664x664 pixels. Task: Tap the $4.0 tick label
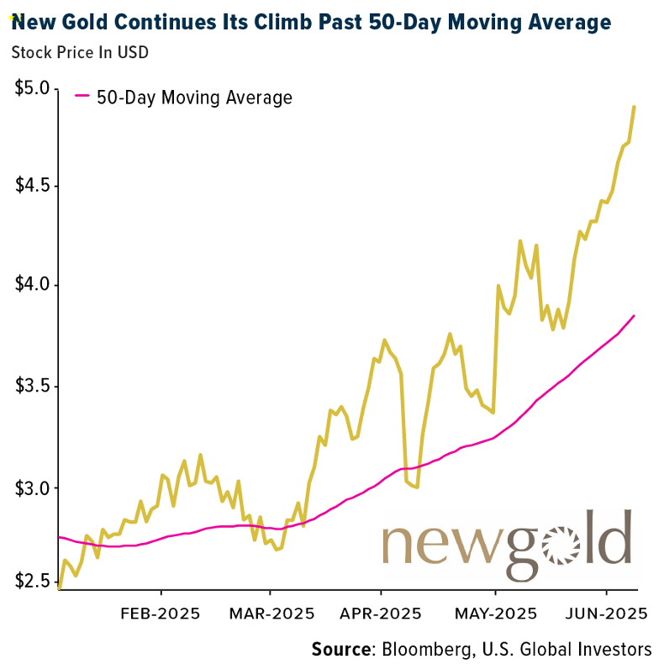click(x=32, y=286)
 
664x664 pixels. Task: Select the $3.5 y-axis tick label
click(x=32, y=387)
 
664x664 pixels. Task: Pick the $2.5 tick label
click(x=32, y=582)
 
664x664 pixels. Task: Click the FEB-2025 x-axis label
click(x=161, y=613)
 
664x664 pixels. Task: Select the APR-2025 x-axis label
click(x=382, y=613)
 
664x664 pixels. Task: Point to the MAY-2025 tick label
click(x=496, y=613)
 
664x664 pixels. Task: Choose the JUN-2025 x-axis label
click(x=606, y=613)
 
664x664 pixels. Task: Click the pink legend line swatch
click(x=82, y=97)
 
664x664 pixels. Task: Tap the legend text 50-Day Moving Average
click(x=194, y=97)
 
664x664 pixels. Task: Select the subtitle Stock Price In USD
click(x=80, y=52)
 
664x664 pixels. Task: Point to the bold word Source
click(x=341, y=649)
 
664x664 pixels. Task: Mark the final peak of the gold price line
click(x=634, y=107)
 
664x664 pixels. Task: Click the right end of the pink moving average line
click(x=634, y=315)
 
